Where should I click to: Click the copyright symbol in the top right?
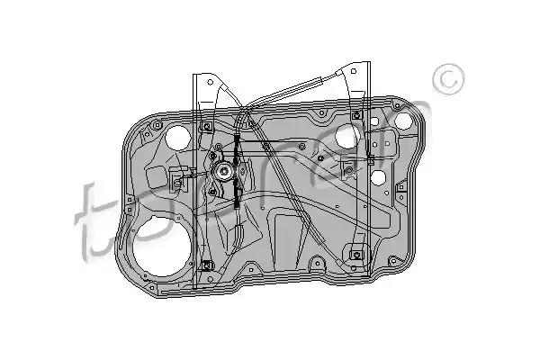[446, 80]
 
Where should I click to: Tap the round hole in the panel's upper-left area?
[178, 137]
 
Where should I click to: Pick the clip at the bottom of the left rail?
[208, 265]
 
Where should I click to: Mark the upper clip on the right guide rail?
[357, 115]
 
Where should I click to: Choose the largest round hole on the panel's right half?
[348, 137]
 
